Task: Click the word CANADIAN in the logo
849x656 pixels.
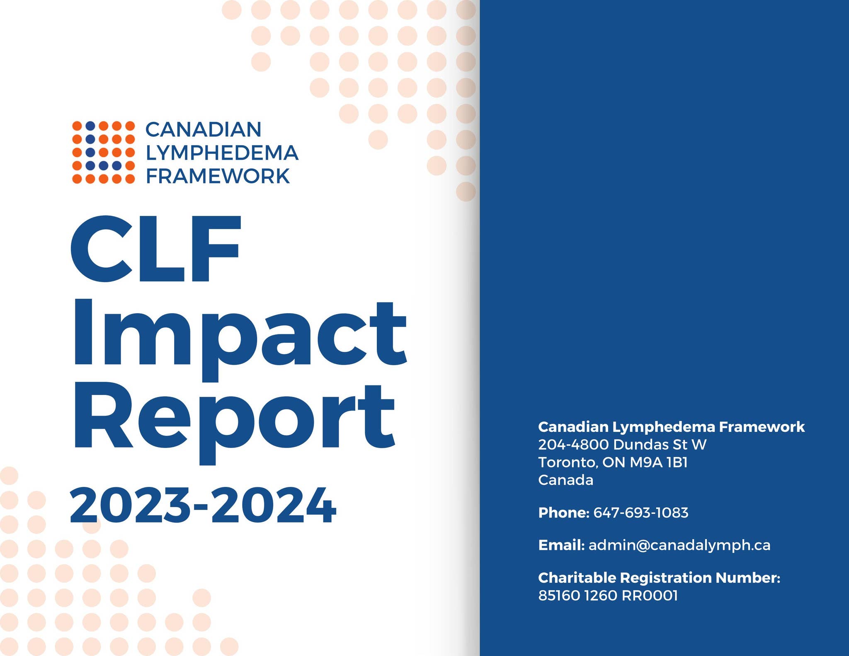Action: (x=203, y=129)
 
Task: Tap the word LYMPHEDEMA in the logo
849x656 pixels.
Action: (x=222, y=153)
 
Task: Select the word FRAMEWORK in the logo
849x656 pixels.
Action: (x=218, y=176)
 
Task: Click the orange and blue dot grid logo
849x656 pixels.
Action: (x=103, y=153)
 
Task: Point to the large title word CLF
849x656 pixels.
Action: (x=155, y=249)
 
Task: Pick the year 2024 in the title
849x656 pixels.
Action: (x=274, y=506)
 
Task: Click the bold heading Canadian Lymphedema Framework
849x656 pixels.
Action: (x=671, y=427)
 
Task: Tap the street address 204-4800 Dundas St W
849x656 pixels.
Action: (x=622, y=445)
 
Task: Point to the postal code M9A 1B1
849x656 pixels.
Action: (x=659, y=462)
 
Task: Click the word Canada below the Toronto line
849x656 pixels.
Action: (x=565, y=480)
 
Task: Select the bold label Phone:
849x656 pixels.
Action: (x=563, y=513)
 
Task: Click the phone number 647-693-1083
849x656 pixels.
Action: (x=641, y=513)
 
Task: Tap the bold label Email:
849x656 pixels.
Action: (x=561, y=545)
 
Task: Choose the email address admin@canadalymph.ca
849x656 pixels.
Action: (x=679, y=545)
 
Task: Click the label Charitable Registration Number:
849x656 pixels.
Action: (x=659, y=578)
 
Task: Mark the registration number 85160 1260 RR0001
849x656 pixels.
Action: (x=608, y=595)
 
